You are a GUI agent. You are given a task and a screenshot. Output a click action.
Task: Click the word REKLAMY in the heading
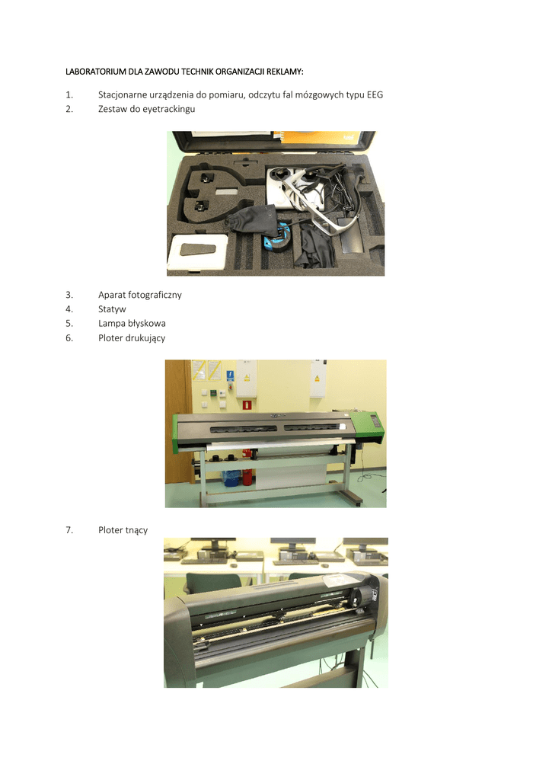click(285, 72)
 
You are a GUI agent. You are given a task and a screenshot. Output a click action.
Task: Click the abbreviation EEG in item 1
click(375, 94)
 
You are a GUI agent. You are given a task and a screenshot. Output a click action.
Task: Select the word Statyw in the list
click(112, 309)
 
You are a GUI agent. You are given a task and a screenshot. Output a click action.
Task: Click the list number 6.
click(69, 337)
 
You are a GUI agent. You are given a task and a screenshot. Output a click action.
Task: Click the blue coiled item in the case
click(277, 238)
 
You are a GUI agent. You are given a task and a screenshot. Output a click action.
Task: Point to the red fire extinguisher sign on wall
click(246, 404)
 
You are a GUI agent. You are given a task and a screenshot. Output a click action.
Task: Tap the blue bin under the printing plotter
click(231, 478)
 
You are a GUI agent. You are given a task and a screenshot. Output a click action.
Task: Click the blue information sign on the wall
click(230, 376)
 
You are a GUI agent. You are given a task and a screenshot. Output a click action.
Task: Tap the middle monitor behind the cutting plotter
click(292, 544)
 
